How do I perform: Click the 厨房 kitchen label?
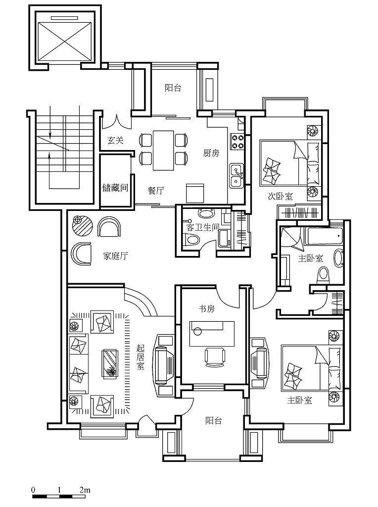[211, 153]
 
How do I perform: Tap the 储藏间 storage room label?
[115, 188]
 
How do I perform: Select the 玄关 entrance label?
[115, 140]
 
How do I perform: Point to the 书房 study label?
[206, 309]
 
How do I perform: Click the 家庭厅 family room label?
[115, 256]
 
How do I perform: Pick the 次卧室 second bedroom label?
[280, 196]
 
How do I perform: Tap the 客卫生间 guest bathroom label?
[202, 227]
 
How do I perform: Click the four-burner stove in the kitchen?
[237, 142]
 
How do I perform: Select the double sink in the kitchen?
[237, 176]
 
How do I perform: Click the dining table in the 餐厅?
[163, 151]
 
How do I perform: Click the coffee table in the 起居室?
[110, 364]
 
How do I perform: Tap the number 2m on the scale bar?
[85, 490]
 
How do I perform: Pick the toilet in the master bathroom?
[324, 275]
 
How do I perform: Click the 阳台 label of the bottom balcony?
[214, 420]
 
